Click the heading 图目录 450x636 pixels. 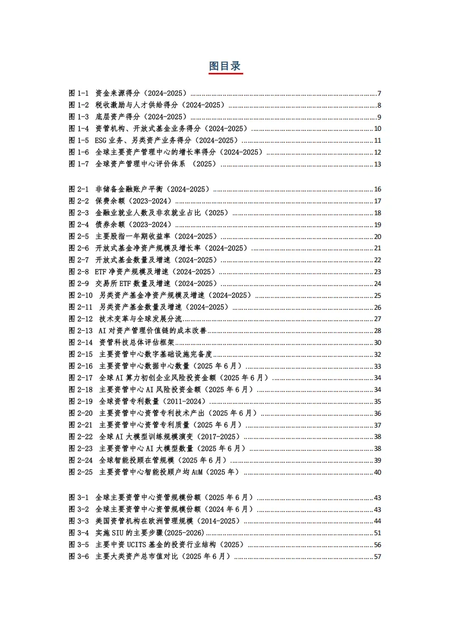click(x=225, y=65)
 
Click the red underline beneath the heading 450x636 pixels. click(x=225, y=74)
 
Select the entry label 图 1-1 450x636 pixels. click(x=79, y=93)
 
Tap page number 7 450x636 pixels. click(x=379, y=93)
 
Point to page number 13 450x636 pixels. click(x=377, y=164)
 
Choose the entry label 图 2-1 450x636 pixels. click(x=79, y=189)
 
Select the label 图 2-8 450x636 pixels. click(x=79, y=272)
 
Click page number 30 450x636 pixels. click(x=377, y=343)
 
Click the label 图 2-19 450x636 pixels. click(x=80, y=402)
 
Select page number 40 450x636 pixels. click(x=377, y=472)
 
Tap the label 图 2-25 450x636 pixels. click(x=80, y=472)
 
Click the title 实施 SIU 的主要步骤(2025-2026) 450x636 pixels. click(x=150, y=533)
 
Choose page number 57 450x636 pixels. click(x=377, y=557)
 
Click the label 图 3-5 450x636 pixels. click(x=79, y=545)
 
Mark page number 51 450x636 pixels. click(x=377, y=533)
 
